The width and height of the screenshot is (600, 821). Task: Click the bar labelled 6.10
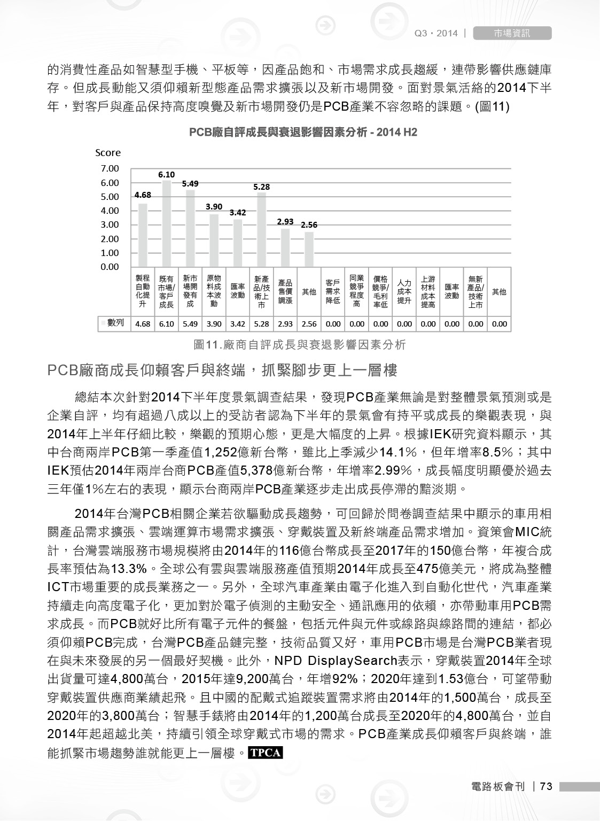point(166,223)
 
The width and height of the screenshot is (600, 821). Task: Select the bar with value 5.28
point(261,230)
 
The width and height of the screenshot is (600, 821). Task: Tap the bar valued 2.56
point(309,249)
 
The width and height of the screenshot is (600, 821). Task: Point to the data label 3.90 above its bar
point(214,206)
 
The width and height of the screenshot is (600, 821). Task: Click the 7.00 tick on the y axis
point(110,169)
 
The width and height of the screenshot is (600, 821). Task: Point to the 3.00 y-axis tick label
point(110,225)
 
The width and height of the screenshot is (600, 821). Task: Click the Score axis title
point(108,153)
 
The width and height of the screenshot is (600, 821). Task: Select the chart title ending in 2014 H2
point(303,132)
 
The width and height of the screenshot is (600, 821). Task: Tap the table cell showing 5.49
point(190,324)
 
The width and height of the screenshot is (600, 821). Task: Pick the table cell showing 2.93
point(285,324)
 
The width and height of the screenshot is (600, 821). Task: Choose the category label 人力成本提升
point(404,292)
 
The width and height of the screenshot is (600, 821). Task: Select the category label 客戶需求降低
point(333,292)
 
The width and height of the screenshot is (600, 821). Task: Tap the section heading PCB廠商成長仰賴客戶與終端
point(222,370)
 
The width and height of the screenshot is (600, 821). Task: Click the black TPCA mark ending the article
point(266,753)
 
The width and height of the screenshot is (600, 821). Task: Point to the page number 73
point(546,786)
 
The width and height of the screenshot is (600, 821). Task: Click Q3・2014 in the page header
point(436,33)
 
